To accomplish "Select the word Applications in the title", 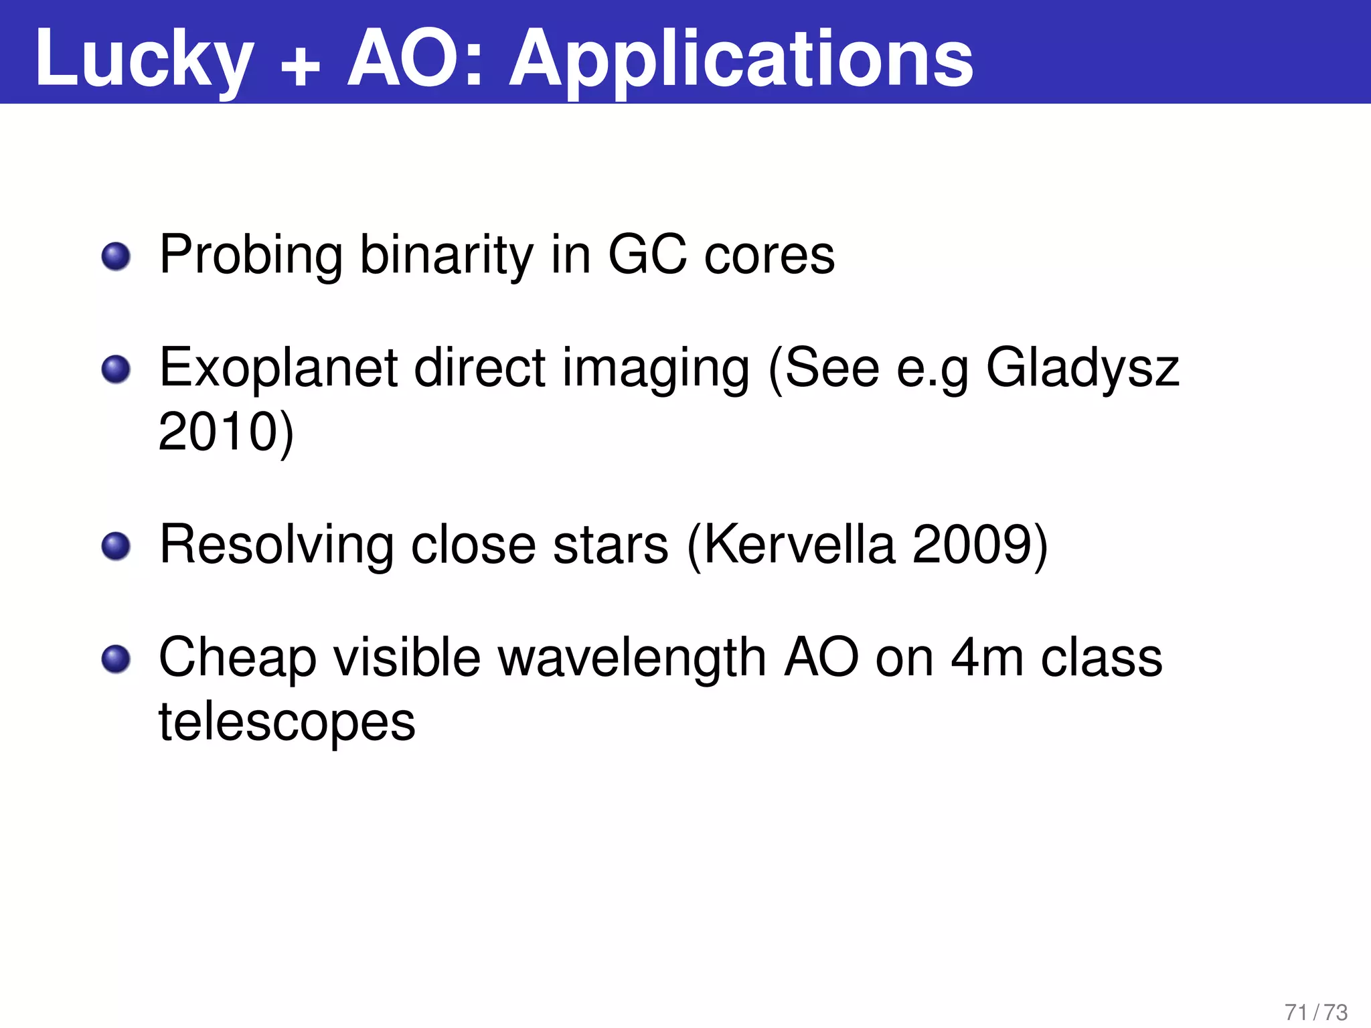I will click(x=740, y=60).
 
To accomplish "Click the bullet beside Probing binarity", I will click(x=116, y=256).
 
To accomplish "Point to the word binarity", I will click(x=447, y=255).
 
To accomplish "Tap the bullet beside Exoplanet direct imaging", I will click(x=116, y=369).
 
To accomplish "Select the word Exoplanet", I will click(x=278, y=368).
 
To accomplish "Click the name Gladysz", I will click(x=1082, y=368).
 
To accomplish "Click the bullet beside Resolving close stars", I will click(x=116, y=546).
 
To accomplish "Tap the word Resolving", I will click(x=276, y=544).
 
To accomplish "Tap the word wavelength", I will click(x=633, y=658).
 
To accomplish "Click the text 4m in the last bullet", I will click(x=987, y=658).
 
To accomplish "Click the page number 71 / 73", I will click(x=1315, y=1012).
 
